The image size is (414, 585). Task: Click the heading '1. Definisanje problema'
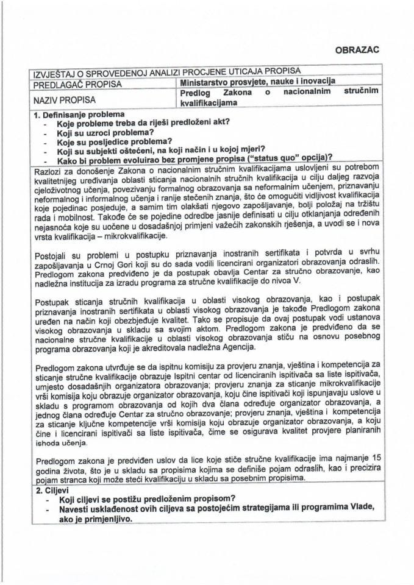click(80, 114)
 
